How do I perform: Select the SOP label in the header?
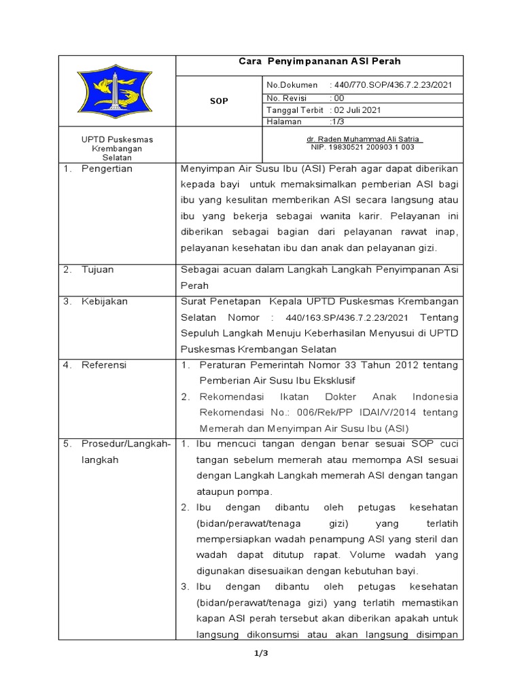point(218,101)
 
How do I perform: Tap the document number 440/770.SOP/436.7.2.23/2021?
point(391,85)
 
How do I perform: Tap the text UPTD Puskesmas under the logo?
point(116,139)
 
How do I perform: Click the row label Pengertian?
point(107,169)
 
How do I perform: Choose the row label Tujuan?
point(98,269)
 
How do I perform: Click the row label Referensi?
point(104,364)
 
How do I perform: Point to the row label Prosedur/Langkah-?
point(125,444)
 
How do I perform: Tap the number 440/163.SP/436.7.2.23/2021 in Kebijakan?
point(347,317)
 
